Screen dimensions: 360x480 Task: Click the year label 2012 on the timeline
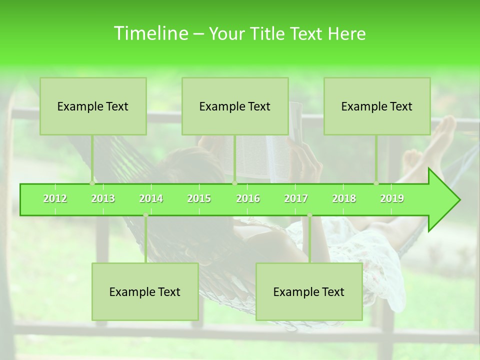point(55,198)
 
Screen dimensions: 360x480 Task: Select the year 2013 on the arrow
point(103,198)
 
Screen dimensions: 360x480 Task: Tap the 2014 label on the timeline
point(151,198)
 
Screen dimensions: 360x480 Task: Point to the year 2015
point(199,198)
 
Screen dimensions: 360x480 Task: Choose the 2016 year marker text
point(248,198)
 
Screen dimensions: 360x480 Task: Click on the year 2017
point(296,198)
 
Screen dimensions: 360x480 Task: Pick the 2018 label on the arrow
point(344,198)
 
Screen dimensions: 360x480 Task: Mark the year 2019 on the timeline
point(392,198)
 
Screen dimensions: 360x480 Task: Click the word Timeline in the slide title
point(150,33)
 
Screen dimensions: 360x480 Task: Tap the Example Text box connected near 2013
point(93,106)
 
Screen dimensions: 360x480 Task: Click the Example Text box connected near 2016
point(235,106)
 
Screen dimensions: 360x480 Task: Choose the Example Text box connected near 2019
point(377,106)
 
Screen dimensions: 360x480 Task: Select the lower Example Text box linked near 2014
point(145,291)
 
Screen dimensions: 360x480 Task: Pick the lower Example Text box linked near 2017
point(309,291)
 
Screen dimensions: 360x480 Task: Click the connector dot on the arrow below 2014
point(145,215)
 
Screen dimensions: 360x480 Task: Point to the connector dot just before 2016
point(234,183)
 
